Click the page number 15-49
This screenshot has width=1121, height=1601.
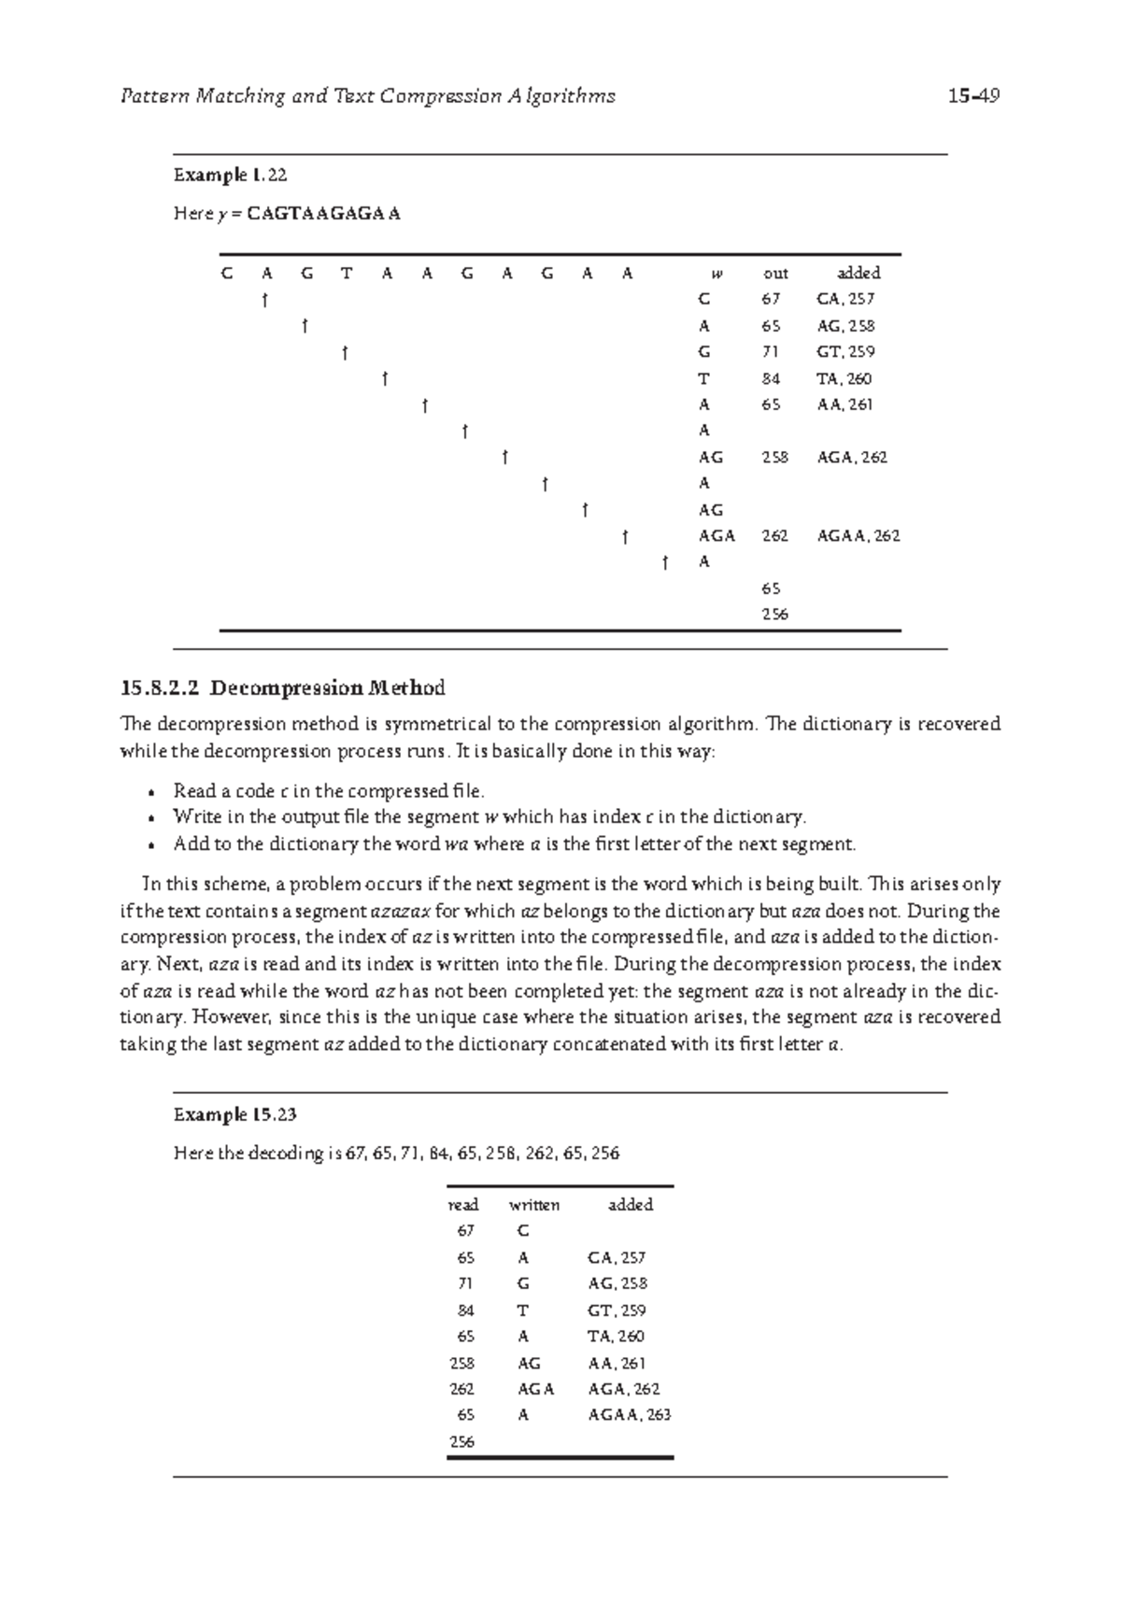pos(972,96)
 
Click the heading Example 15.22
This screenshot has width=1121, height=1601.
pos(230,175)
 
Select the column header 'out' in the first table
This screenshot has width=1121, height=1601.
pos(775,274)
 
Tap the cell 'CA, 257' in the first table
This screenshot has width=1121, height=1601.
pos(845,300)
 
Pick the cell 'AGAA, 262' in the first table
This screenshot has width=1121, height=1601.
pos(858,536)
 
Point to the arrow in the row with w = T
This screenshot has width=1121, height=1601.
pos(384,379)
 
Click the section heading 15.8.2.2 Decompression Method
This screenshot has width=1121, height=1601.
pos(282,689)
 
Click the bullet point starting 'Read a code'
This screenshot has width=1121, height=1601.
pos(329,791)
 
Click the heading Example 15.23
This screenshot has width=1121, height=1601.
pos(234,1114)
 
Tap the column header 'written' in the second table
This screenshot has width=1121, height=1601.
pos(533,1205)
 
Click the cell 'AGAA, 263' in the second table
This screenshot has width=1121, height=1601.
pos(629,1415)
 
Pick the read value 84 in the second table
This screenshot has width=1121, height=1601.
pos(461,1311)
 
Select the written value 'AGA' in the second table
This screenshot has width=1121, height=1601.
pos(535,1389)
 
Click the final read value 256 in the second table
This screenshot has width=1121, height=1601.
pos(461,1441)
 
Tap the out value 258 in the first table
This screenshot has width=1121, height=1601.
pos(774,458)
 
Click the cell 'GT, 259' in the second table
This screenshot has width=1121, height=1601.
pos(617,1311)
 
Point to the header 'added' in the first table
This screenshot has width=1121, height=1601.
pos(858,274)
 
